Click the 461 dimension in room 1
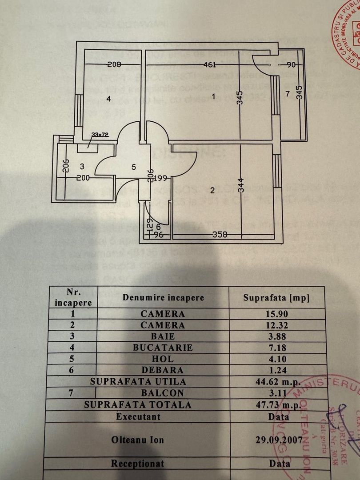pyautogui.click(x=209, y=65)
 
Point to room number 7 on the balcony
pyautogui.click(x=288, y=94)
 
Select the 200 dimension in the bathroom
pyautogui.click(x=83, y=178)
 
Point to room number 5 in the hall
pyautogui.click(x=133, y=167)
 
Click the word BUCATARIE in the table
pyautogui.click(x=163, y=348)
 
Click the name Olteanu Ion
pyautogui.click(x=137, y=440)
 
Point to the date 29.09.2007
pyautogui.click(x=276, y=440)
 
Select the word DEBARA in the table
pyautogui.click(x=163, y=370)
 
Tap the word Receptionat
pyautogui.click(x=137, y=464)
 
